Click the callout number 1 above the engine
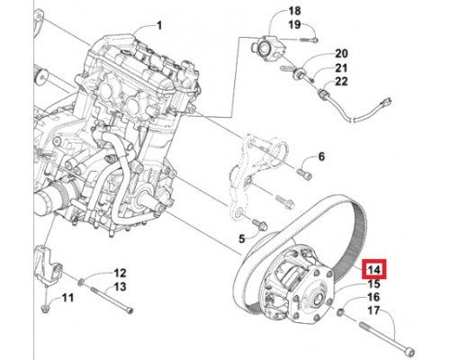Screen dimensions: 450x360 [x=159, y=25]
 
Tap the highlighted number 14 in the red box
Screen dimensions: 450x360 [x=374, y=269]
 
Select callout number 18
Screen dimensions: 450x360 [x=294, y=11]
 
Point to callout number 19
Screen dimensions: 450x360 [x=294, y=24]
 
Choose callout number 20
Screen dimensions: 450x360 [x=341, y=54]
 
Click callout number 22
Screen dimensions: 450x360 [x=341, y=81]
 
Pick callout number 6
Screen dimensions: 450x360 [x=321, y=157]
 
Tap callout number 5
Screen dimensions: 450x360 [x=242, y=239]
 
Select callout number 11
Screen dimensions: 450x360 [x=67, y=298]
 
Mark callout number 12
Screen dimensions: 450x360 [x=120, y=273]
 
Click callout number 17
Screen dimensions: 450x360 [x=373, y=310]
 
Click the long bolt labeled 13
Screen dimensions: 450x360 [x=111, y=300]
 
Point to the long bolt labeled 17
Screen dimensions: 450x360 [x=387, y=337]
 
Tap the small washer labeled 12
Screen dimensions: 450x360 [x=81, y=283]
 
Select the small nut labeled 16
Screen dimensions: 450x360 [x=340, y=312]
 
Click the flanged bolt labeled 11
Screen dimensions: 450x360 [x=46, y=309]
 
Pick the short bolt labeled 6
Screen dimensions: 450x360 [x=304, y=174]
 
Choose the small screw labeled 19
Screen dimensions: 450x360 [x=309, y=40]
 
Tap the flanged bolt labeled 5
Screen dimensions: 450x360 [x=260, y=225]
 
